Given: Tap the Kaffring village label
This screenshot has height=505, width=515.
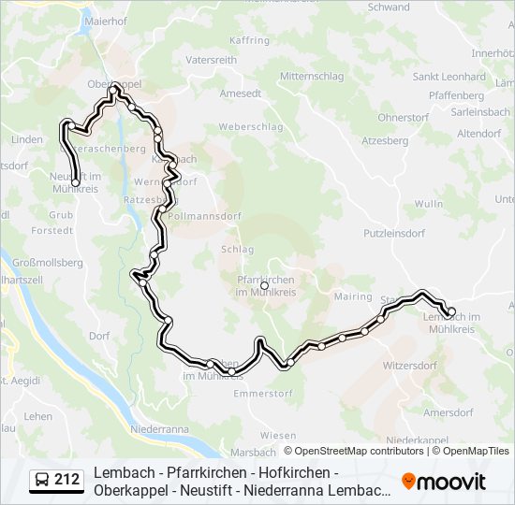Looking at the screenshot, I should point(249,40).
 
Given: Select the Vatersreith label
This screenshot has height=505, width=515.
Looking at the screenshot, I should point(211,59).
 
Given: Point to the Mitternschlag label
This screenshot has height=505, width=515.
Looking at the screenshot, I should point(314,75).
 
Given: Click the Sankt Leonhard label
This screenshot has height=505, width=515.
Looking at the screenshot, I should point(449,77).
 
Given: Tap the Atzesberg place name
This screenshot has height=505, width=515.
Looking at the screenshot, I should point(385,141).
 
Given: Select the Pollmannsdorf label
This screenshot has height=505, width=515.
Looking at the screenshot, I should point(208,216).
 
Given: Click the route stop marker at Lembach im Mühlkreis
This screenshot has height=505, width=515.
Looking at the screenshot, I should point(450,312).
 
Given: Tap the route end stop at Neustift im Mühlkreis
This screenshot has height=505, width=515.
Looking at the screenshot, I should point(75,182).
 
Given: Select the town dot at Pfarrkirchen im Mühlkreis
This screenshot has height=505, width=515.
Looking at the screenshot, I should point(264,285).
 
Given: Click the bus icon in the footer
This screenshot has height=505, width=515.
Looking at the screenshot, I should point(42,481).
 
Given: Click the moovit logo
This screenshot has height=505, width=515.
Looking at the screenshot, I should point(444,482).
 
